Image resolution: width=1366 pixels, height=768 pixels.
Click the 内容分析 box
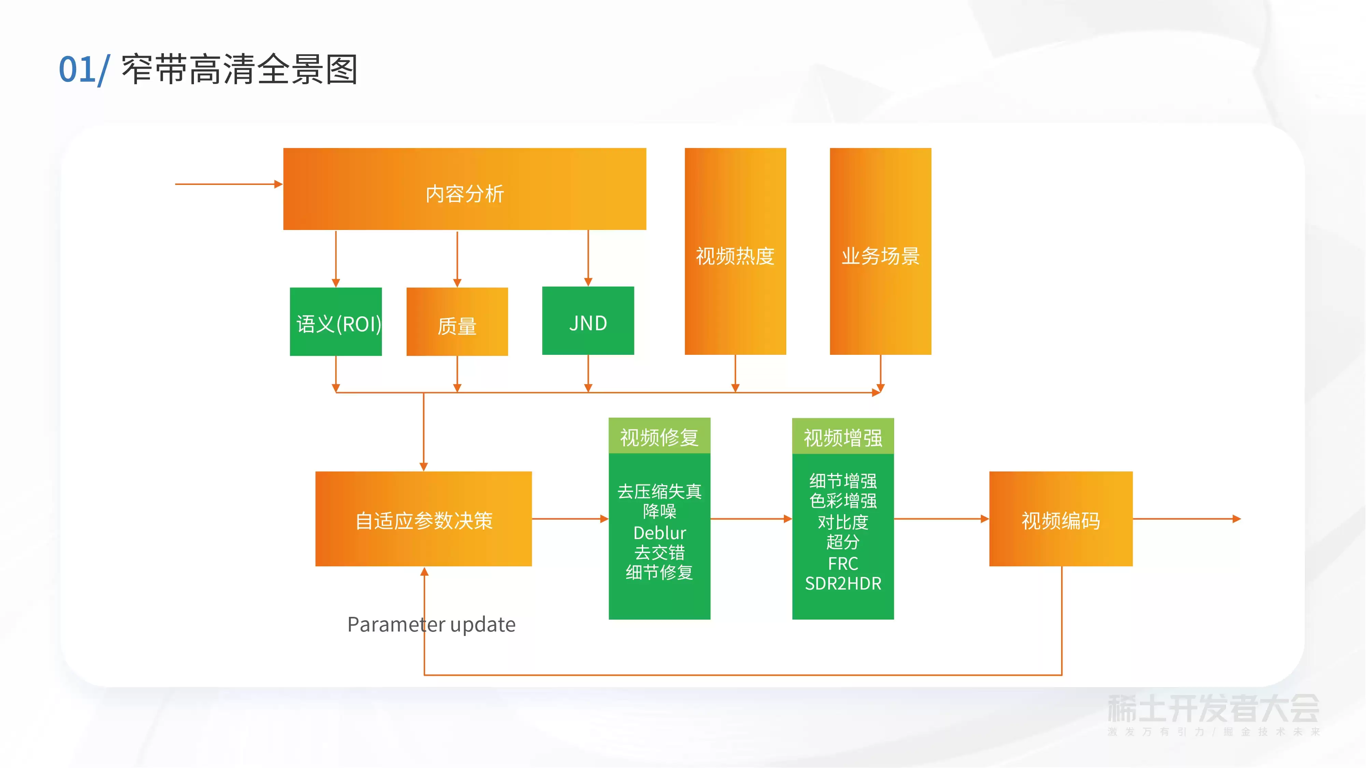tap(465, 189)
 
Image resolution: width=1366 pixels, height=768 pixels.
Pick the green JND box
tap(588, 321)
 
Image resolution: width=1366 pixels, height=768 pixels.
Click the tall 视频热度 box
tap(735, 251)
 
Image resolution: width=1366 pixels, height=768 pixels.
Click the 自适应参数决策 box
tap(424, 519)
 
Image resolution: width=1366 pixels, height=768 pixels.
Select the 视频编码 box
tap(1061, 519)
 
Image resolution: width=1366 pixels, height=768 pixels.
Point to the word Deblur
tap(660, 533)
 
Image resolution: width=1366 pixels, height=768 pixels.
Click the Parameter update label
tap(431, 624)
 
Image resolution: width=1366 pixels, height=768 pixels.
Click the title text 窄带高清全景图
tap(240, 70)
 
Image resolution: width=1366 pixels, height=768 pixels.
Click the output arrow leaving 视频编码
tap(1187, 519)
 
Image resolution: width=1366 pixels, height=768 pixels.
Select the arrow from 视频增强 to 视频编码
tap(942, 519)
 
